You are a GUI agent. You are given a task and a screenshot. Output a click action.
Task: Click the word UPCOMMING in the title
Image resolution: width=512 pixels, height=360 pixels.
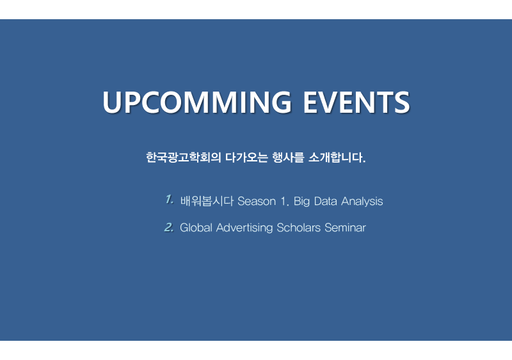pos(197,102)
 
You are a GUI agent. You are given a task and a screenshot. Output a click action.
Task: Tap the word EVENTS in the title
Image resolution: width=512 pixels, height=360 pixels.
pos(356,102)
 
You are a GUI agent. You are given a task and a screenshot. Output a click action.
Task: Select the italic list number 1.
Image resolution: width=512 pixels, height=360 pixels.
pos(169,199)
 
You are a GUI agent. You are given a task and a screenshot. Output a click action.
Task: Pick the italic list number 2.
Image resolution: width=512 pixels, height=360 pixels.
pos(169,227)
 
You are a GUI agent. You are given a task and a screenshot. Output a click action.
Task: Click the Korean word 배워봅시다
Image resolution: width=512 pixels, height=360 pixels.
pos(207,201)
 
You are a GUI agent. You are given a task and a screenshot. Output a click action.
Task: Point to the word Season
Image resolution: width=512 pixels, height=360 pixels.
pos(257,201)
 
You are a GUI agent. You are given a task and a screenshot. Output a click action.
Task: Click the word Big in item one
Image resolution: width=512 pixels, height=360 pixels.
pos(301,202)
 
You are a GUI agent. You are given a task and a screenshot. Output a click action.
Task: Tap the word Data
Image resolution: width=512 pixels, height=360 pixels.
pos(326,201)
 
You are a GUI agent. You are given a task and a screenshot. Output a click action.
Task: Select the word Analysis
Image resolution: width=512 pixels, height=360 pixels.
pos(362,202)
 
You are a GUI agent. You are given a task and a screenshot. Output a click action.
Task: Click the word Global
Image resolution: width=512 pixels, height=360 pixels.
pos(196,227)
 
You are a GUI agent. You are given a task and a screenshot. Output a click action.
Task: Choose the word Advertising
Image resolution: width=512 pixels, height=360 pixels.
pos(244,227)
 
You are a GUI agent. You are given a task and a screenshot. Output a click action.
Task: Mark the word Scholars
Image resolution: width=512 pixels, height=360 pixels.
pos(298,227)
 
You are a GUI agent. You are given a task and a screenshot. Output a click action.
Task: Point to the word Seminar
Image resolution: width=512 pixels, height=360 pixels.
pos(345,227)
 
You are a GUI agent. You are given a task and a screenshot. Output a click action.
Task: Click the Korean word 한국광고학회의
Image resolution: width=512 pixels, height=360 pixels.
pos(184,158)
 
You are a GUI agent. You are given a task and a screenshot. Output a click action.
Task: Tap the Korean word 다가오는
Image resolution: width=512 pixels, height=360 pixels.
pos(246,158)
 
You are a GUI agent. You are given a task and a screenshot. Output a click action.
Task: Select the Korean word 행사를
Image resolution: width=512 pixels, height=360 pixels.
pos(288,158)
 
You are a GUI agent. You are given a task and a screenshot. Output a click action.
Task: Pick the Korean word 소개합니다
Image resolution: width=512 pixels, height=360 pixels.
pos(337,158)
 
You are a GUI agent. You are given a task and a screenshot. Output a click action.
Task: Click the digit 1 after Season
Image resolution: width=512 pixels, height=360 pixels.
pos(284,201)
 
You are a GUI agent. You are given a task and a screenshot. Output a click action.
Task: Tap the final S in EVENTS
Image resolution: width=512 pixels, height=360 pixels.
pos(402,102)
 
